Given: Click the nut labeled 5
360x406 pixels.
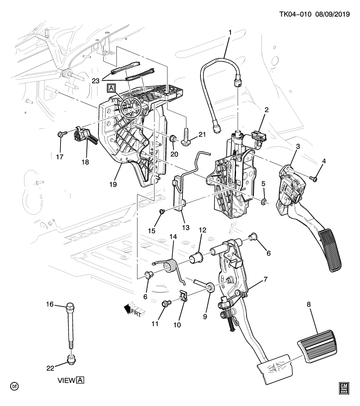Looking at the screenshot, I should [263, 201].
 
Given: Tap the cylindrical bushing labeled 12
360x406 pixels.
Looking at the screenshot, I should [196, 257].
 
